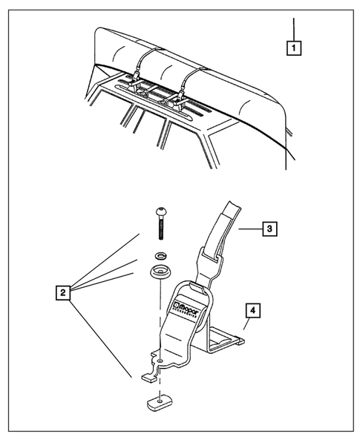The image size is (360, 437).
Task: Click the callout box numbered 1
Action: [x=295, y=49]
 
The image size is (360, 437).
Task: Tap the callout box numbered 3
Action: [x=270, y=229]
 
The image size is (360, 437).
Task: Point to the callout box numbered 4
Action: [x=252, y=312]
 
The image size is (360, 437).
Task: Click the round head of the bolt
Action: [x=161, y=212]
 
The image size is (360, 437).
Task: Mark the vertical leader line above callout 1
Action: [x=295, y=28]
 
